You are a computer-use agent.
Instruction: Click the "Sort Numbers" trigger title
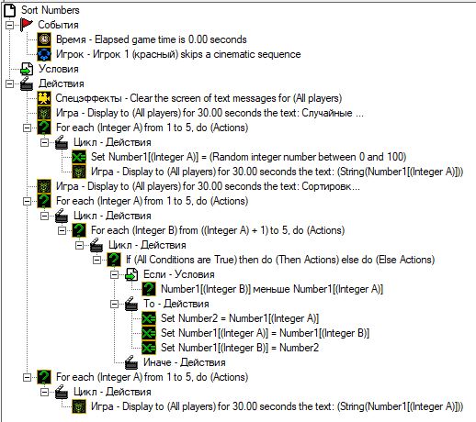[x=51, y=10]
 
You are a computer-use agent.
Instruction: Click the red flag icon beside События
[x=27, y=25]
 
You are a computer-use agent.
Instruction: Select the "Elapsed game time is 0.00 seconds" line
[x=152, y=39]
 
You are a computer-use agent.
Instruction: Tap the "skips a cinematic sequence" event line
[x=178, y=54]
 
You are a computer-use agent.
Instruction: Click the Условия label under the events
[x=58, y=69]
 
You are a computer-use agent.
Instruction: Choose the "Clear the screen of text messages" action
[x=198, y=98]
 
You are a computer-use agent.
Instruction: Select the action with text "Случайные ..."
[x=210, y=113]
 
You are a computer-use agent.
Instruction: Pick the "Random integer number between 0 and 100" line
[x=248, y=157]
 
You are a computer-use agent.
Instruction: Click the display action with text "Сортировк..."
[x=208, y=186]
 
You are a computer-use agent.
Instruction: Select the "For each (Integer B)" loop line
[x=218, y=230]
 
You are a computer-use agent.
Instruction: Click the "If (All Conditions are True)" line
[x=280, y=260]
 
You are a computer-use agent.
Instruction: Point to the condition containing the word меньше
[x=272, y=289]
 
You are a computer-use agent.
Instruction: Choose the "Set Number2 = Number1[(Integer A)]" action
[x=240, y=318]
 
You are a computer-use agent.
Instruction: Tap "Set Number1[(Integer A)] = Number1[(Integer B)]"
[x=265, y=333]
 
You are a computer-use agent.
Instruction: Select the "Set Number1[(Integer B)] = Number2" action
[x=240, y=348]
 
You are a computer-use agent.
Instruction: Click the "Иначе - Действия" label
[x=185, y=362]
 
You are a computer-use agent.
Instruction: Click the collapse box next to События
[x=9, y=25]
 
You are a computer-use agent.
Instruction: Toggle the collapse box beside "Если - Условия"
[x=114, y=274]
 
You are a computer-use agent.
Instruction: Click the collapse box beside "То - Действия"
[x=114, y=304]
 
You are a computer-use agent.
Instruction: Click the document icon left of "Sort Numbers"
[x=9, y=10]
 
